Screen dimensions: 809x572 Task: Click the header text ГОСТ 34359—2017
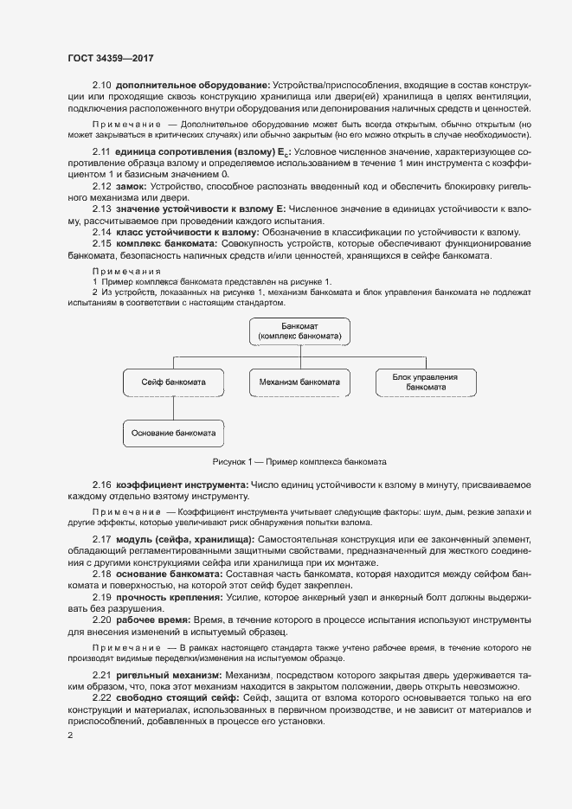coord(110,58)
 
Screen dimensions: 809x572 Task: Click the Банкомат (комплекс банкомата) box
coord(299,330)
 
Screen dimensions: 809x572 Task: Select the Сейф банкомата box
coord(174,382)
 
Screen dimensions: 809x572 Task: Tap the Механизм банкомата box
coord(299,382)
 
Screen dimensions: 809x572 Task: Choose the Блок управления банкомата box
coord(427,382)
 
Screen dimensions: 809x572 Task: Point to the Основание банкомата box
coord(174,432)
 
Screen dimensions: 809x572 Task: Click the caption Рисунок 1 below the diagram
coord(299,461)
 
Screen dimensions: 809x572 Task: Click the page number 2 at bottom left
coord(70,735)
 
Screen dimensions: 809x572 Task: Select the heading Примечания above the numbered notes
coord(120,271)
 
